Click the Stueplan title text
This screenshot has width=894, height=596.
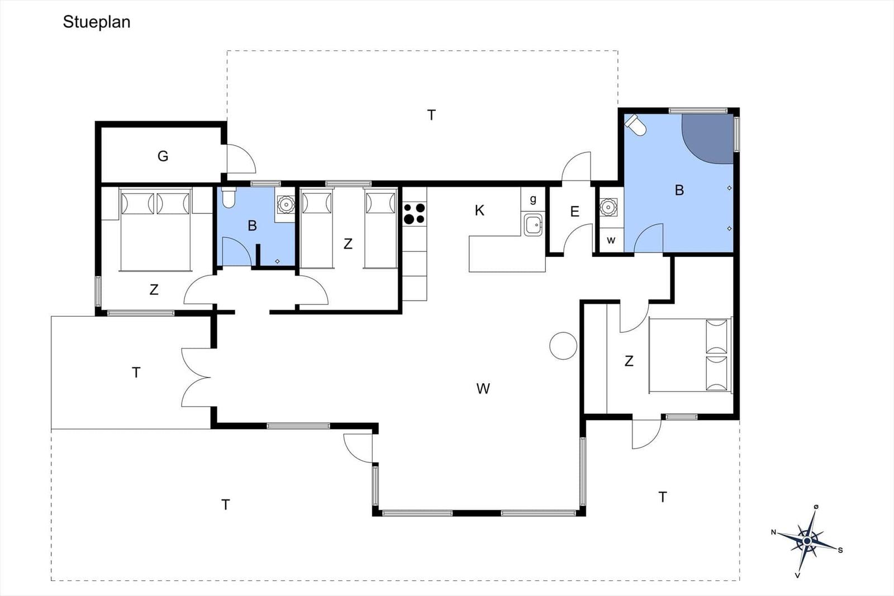pos(97,22)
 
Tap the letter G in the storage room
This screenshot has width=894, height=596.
pos(163,156)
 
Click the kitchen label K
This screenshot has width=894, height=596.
pos(479,210)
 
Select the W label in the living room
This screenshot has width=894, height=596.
pos(483,389)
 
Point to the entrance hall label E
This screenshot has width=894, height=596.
pos(575,212)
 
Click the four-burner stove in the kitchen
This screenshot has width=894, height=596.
pos(414,214)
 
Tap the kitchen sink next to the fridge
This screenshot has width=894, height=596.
pos(533,225)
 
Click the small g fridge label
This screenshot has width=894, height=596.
pos(533,199)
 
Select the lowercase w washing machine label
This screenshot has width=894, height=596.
pos(611,240)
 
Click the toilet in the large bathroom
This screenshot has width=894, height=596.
pos(635,125)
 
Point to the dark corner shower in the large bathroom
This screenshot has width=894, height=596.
pos(707,139)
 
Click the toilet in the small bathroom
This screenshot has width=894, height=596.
pos(229,198)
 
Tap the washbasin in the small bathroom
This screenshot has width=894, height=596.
pos(286,204)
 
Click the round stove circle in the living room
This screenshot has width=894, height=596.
pos(563,346)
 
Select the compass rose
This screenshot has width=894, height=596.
pos(807,541)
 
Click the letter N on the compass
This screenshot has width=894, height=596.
pos(773,532)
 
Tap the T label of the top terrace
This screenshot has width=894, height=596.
pos(431,115)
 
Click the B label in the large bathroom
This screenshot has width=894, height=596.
pos(679,190)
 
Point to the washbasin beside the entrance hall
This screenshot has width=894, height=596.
pos(608,207)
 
